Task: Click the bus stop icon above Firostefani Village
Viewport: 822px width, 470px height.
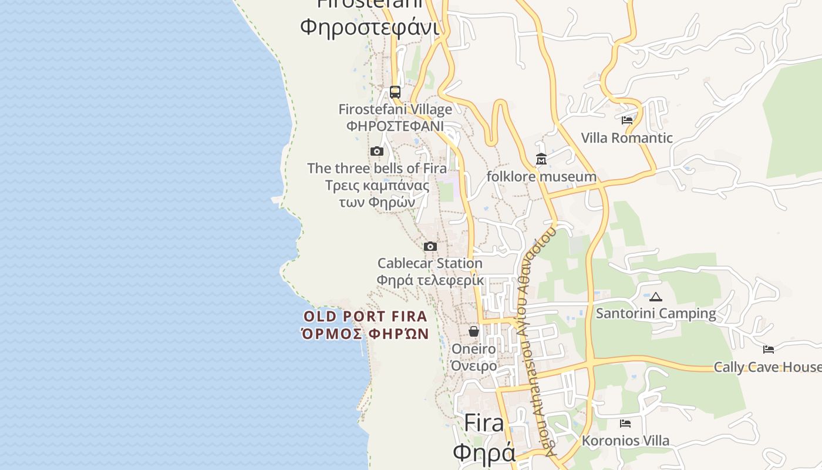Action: (395, 92)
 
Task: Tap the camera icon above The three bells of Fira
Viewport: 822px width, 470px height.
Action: (377, 152)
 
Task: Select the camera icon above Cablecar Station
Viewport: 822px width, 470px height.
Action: (430, 247)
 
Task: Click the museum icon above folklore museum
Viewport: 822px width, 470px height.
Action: (541, 159)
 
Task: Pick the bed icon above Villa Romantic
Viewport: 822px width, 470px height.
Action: (627, 120)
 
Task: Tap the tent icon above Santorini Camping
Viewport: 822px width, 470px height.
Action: (656, 297)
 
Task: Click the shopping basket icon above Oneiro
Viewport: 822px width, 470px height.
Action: (474, 332)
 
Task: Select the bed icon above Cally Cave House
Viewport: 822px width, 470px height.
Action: (769, 350)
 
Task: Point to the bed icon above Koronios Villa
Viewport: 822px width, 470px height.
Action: (625, 424)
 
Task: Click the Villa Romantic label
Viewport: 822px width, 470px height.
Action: (626, 138)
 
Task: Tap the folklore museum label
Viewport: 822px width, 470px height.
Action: (541, 176)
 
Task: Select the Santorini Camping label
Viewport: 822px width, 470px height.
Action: (656, 313)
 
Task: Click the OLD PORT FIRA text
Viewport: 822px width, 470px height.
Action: (365, 317)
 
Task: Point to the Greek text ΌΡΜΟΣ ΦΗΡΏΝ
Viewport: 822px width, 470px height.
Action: (365, 334)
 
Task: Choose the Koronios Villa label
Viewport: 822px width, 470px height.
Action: (625, 441)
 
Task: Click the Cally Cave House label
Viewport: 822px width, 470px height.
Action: (767, 367)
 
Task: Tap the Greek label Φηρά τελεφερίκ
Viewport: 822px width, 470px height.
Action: (430, 280)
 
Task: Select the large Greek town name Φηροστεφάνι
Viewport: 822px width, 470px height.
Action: (370, 27)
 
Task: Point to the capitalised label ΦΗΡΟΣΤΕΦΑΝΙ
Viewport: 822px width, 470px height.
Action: (395, 126)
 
